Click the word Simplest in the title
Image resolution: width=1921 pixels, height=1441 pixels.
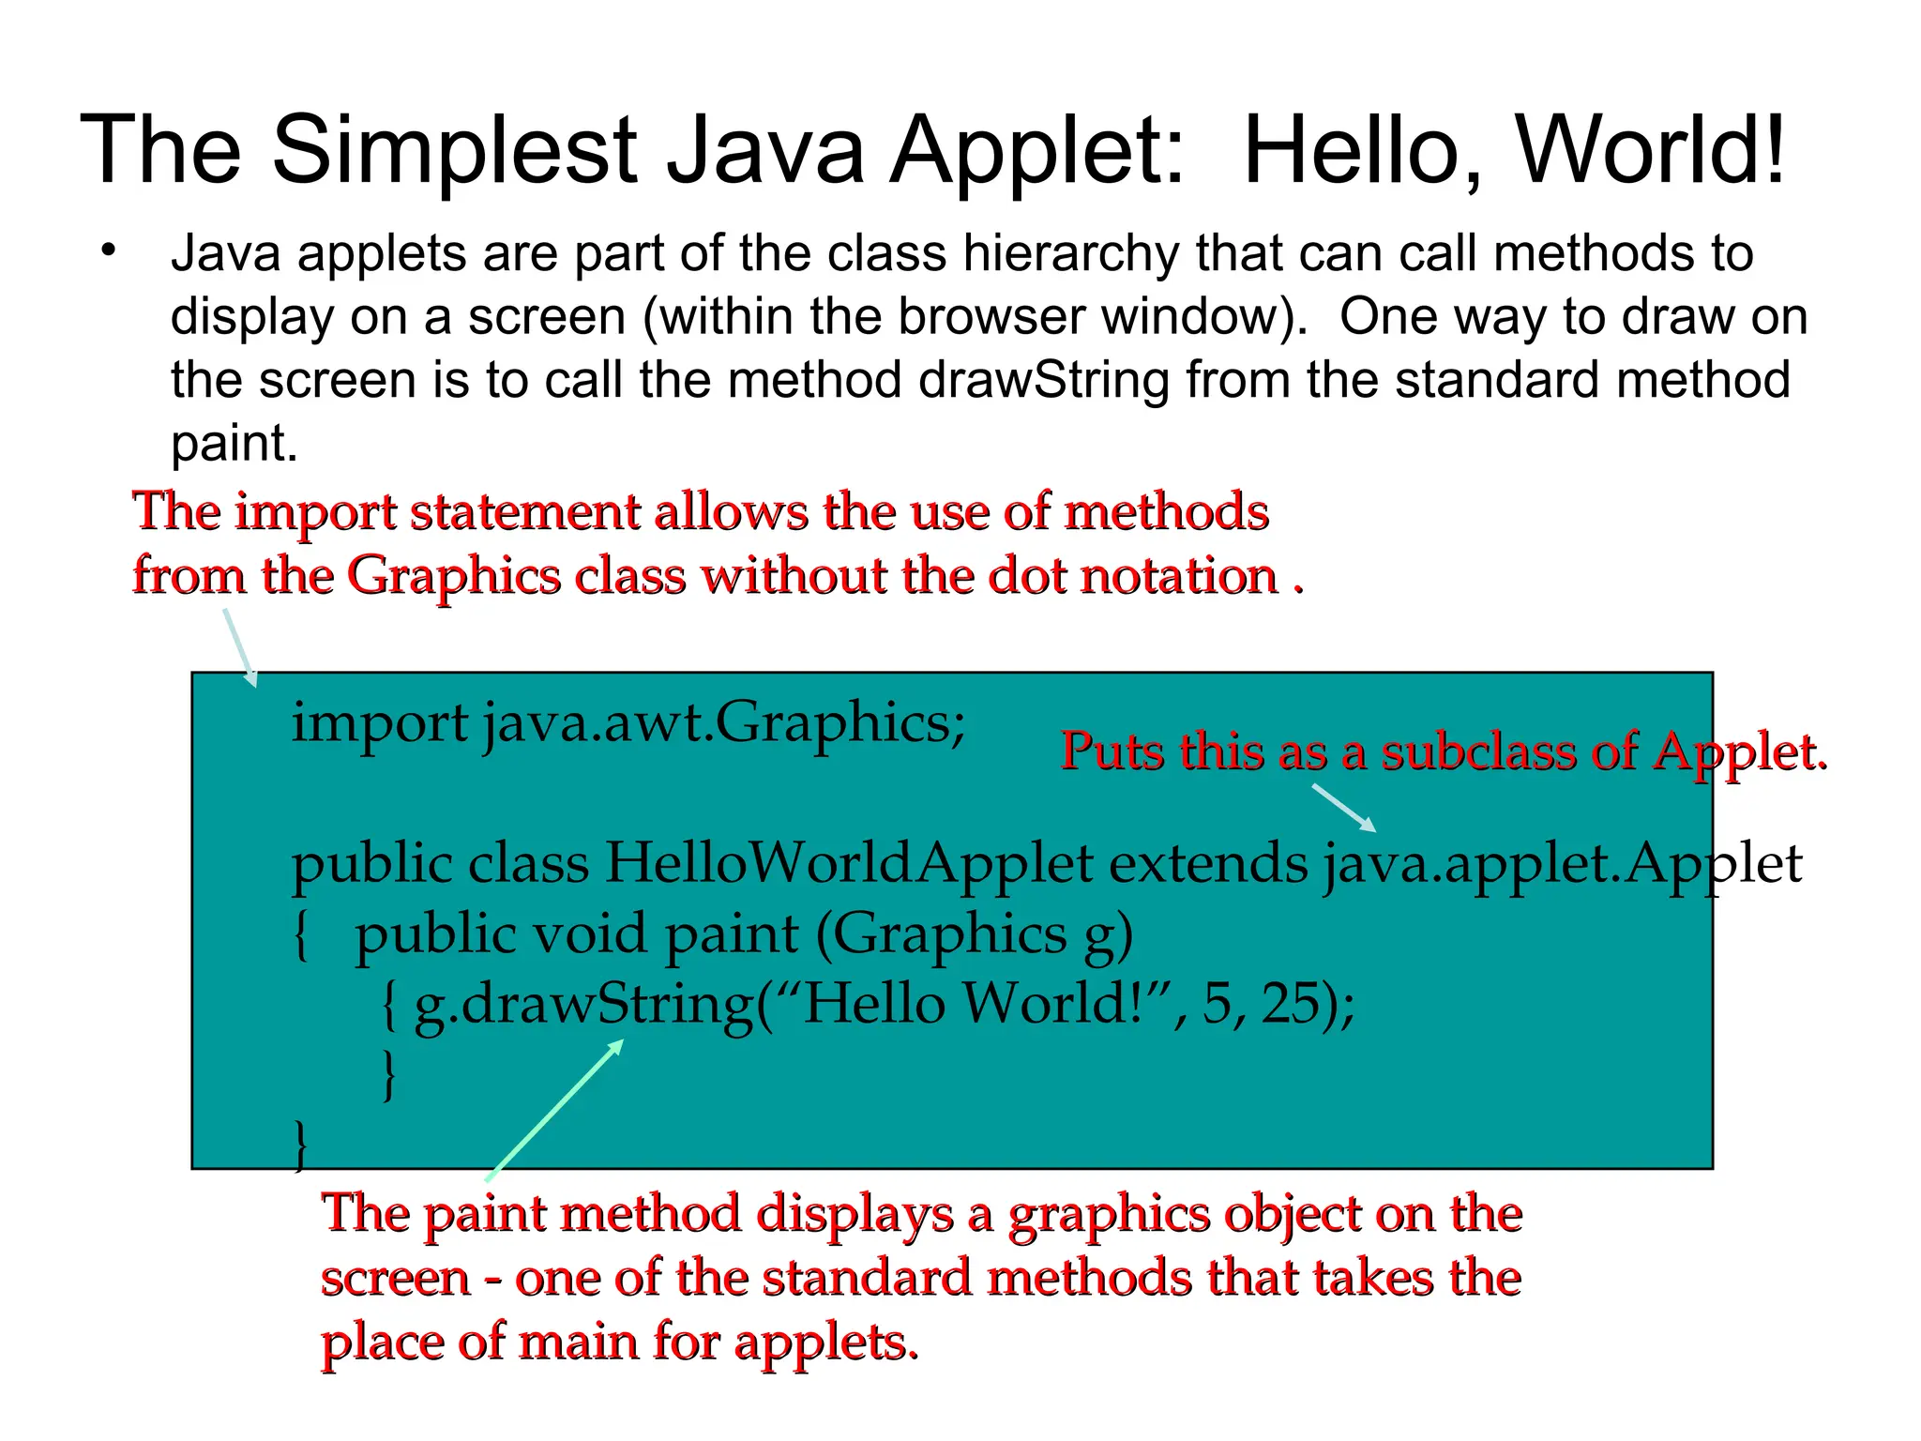(455, 150)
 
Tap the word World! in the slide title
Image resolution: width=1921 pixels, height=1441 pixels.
(1651, 150)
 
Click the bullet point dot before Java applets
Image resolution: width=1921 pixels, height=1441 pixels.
(110, 250)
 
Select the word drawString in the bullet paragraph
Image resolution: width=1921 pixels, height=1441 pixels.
(1044, 380)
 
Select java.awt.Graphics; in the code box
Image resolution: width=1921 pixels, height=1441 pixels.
(724, 724)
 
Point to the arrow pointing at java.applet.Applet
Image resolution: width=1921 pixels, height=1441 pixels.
(1343, 807)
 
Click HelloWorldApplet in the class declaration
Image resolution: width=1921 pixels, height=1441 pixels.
(849, 863)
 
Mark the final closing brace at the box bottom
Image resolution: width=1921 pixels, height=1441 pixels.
(300, 1145)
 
